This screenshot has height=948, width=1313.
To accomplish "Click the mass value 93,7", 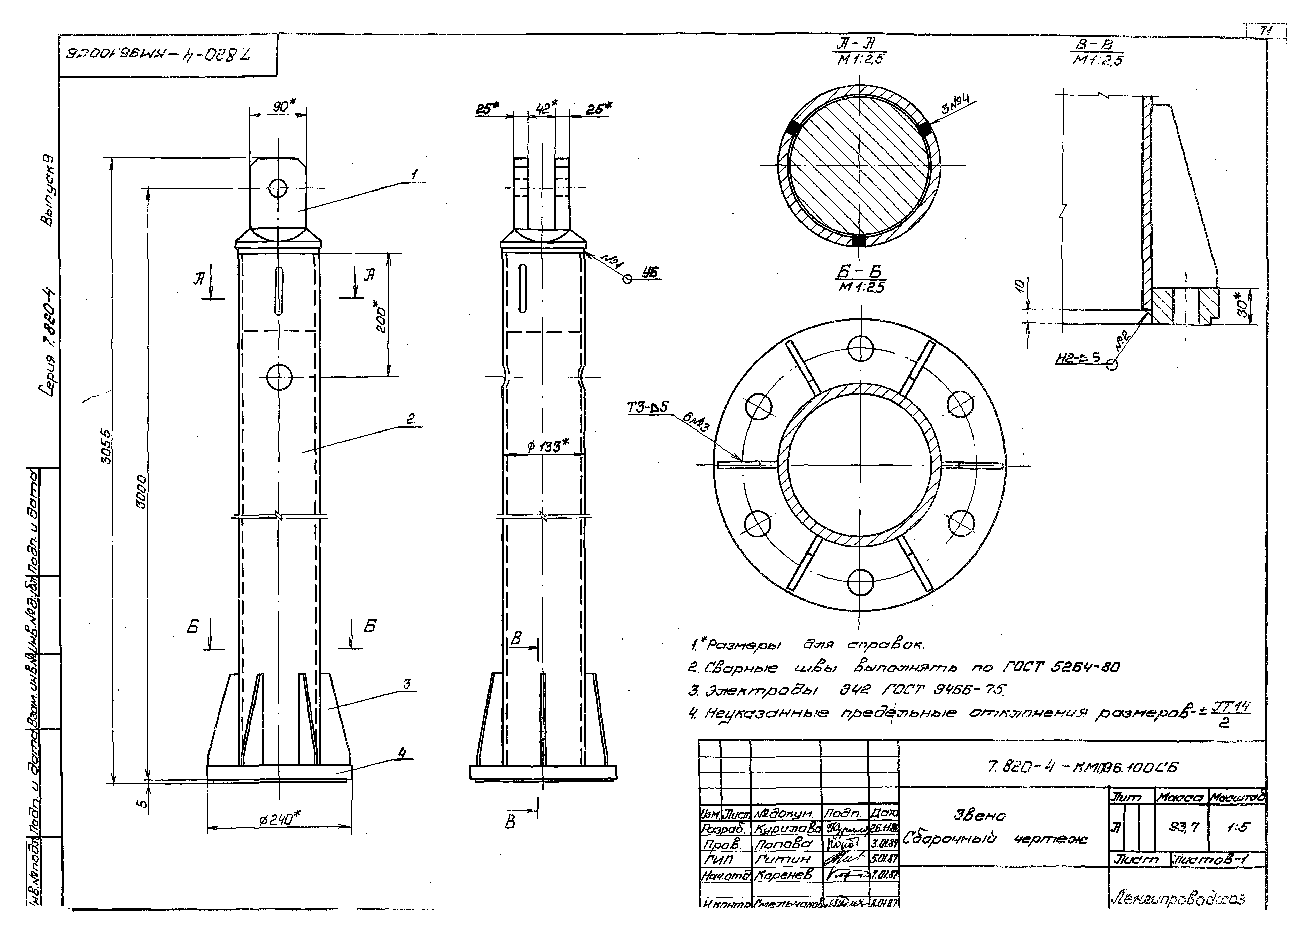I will [1184, 828].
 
